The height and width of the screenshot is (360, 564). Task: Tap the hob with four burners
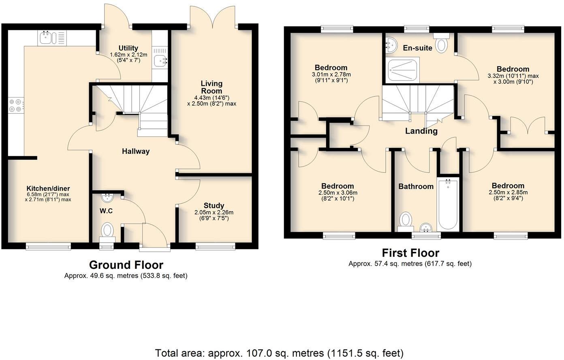pyautogui.click(x=16, y=106)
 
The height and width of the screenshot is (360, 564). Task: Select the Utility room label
pyautogui.click(x=128, y=48)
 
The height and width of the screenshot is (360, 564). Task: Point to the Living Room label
pyautogui.click(x=211, y=87)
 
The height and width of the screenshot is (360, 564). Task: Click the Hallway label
pyautogui.click(x=136, y=151)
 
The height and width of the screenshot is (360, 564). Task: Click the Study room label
pyautogui.click(x=214, y=206)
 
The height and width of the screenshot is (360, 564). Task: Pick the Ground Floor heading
pyautogui.click(x=126, y=265)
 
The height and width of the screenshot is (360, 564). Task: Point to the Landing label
pyautogui.click(x=421, y=131)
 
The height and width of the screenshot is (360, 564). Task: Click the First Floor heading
pyautogui.click(x=410, y=253)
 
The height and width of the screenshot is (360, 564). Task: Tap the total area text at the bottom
pyautogui.click(x=279, y=353)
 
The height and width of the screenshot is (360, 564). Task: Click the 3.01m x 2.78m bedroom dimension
pyautogui.click(x=331, y=75)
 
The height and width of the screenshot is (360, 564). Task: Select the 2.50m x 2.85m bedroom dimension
pyautogui.click(x=508, y=192)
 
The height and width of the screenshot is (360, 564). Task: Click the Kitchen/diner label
pyautogui.click(x=48, y=189)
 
